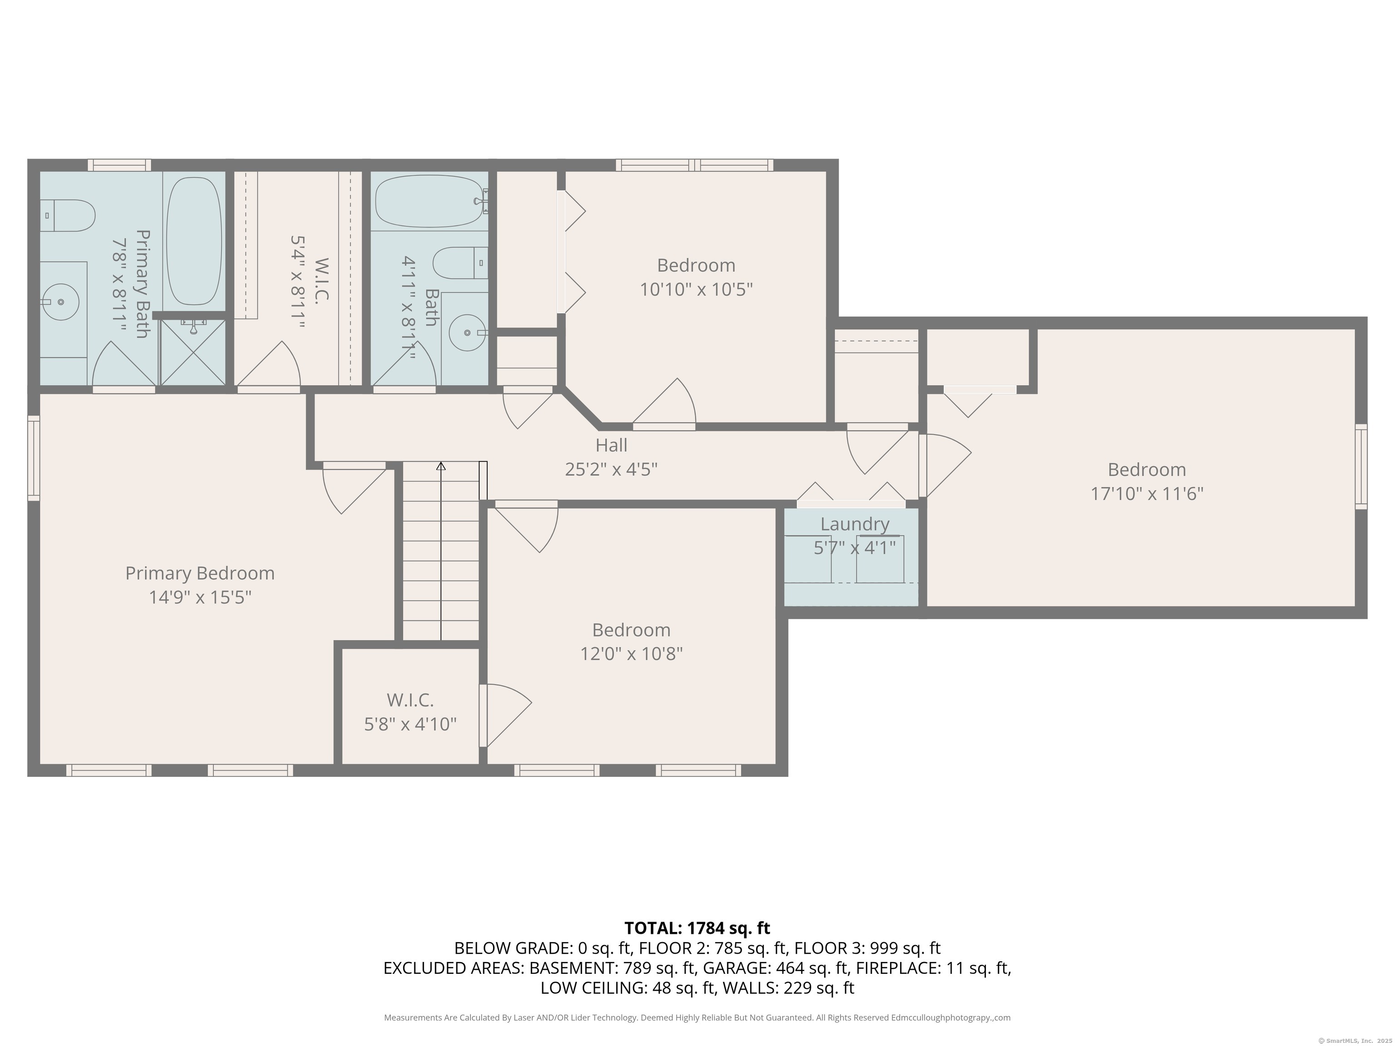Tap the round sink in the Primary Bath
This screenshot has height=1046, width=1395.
(x=60, y=302)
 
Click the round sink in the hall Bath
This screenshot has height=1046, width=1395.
(x=467, y=332)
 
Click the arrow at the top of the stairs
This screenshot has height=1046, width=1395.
(x=441, y=467)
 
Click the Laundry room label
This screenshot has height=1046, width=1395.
(x=855, y=524)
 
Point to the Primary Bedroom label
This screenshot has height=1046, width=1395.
(x=200, y=573)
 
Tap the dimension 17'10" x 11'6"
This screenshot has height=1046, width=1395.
(x=1147, y=493)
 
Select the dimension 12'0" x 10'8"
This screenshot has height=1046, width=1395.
(x=631, y=654)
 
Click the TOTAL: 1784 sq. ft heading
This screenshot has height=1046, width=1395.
(x=697, y=928)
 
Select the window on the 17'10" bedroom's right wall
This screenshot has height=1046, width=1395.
(x=1361, y=467)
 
